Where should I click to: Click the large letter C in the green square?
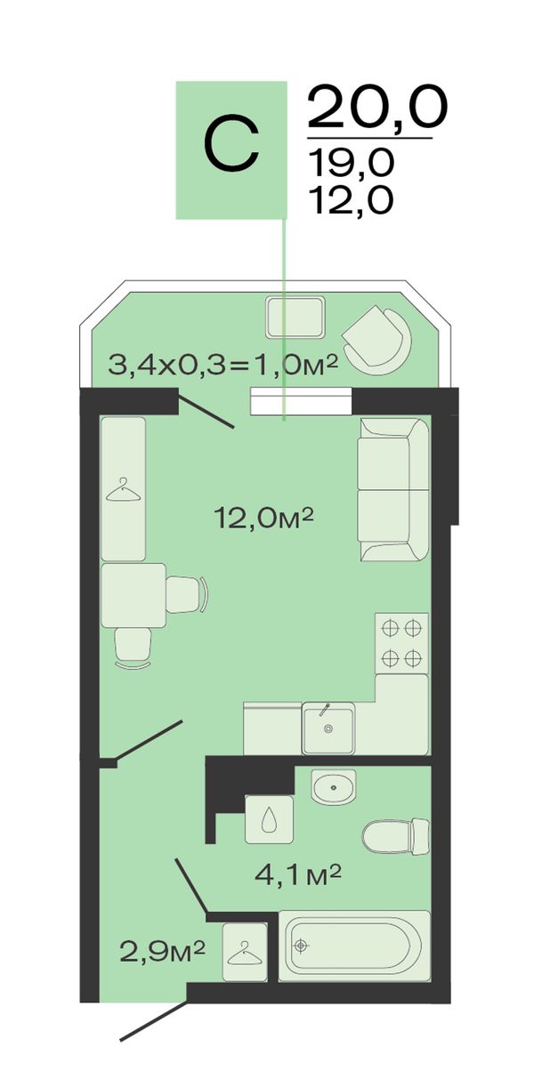point(231,144)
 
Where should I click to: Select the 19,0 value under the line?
point(351,161)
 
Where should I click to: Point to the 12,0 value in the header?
point(351,200)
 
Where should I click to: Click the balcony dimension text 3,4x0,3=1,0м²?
point(222,364)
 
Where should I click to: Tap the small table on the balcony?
point(295,318)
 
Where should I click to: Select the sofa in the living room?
point(393,490)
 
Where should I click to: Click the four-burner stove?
point(401,643)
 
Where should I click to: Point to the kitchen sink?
point(328,728)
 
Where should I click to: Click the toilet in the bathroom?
point(396,836)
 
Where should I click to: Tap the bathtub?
point(354,946)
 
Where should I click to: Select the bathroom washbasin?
point(333,786)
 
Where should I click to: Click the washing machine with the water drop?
point(270,819)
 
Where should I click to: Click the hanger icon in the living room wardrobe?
point(124,489)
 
